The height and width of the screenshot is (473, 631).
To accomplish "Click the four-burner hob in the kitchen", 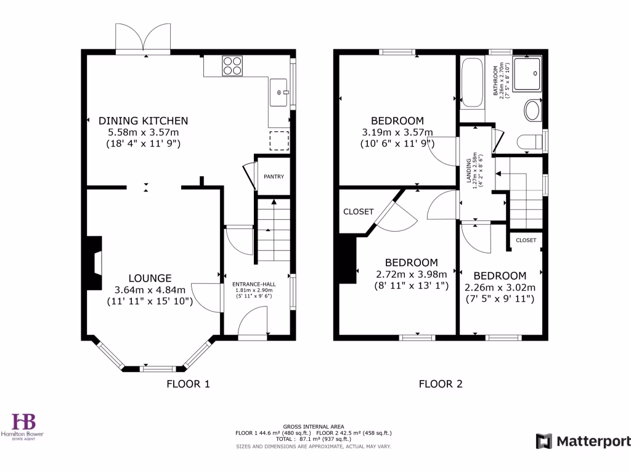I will (232, 65).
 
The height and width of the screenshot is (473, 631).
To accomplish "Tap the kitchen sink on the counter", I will (280, 92).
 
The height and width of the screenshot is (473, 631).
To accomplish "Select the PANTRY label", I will (274, 177).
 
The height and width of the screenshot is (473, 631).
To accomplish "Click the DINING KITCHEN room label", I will (144, 121).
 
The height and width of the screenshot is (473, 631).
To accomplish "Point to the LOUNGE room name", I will (150, 278).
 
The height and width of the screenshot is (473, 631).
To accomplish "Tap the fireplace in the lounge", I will (94, 263).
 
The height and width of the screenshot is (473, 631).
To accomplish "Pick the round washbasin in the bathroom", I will (532, 111).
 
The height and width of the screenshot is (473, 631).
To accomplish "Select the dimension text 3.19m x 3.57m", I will (397, 132).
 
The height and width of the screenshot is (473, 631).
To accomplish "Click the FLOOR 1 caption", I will (188, 384).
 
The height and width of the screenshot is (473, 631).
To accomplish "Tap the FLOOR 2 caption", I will (440, 384).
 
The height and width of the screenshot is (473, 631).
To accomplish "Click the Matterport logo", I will (583, 441).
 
